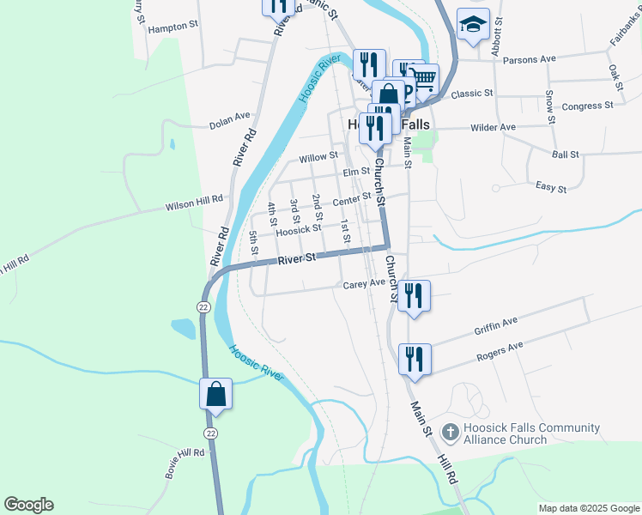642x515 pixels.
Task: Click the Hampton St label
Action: pyautogui.click(x=173, y=27)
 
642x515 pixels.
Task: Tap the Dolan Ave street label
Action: pyautogui.click(x=229, y=124)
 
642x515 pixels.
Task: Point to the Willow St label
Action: pyautogui.click(x=318, y=158)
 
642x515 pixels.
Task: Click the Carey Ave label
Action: pyautogui.click(x=364, y=283)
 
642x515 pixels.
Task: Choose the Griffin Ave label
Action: pyautogui.click(x=496, y=326)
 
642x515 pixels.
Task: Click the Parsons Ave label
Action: pyautogui.click(x=530, y=59)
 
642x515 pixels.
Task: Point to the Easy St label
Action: pyautogui.click(x=551, y=187)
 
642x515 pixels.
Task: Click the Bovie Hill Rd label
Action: pyautogui.click(x=185, y=463)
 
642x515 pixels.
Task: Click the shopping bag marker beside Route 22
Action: pyautogui.click(x=216, y=394)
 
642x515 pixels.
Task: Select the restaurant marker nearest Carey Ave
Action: pyautogui.click(x=414, y=296)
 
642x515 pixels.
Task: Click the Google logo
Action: pyautogui.click(x=28, y=505)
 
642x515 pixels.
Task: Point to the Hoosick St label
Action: pyautogui.click(x=298, y=229)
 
